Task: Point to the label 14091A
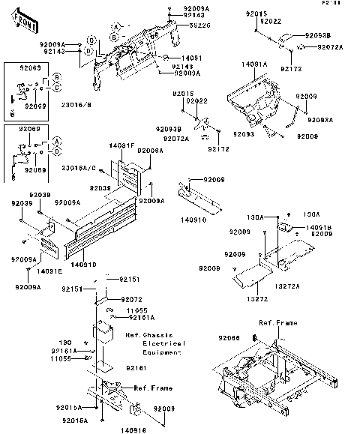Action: tap(254, 65)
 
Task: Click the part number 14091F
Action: tap(121, 145)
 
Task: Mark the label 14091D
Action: tap(83, 263)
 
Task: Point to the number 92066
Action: tap(229, 338)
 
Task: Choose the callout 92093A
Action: tap(320, 119)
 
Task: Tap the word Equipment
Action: tap(164, 351)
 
